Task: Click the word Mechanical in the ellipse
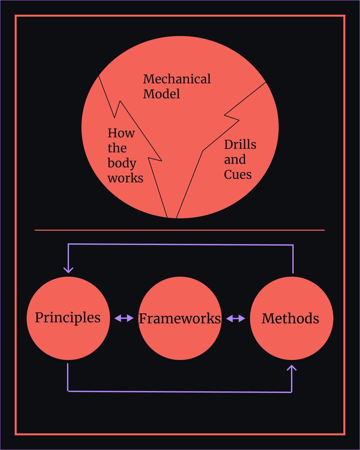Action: pyautogui.click(x=177, y=79)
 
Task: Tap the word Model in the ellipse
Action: pyautogui.click(x=161, y=94)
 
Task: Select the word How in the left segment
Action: pyautogui.click(x=121, y=133)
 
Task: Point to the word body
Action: pyautogui.click(x=122, y=163)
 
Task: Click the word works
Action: pyautogui.click(x=125, y=178)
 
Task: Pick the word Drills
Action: pyautogui.click(x=240, y=145)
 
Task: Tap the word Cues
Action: pyautogui.click(x=238, y=174)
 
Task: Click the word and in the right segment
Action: pyautogui.click(x=235, y=160)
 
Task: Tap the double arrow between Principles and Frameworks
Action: pyautogui.click(x=124, y=318)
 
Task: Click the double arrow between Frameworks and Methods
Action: pyautogui.click(x=236, y=319)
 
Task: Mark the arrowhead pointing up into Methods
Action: pyautogui.click(x=292, y=368)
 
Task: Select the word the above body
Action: pyautogui.click(x=117, y=148)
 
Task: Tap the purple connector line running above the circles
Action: pyautogui.click(x=180, y=245)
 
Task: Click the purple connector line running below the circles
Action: pyautogui.click(x=180, y=392)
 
